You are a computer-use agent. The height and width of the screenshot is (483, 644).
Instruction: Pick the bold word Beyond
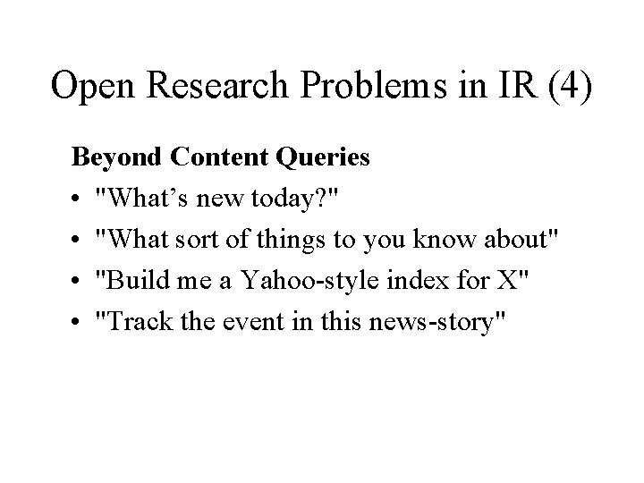110,158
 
